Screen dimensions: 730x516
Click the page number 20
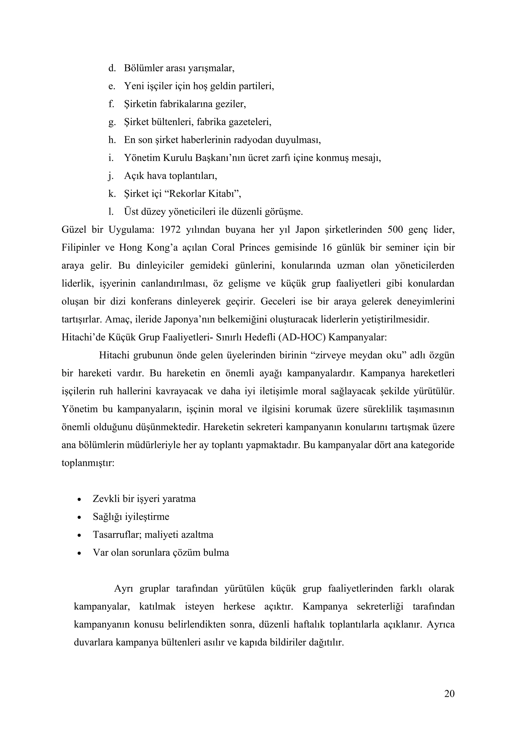(449, 694)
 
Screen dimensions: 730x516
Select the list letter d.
(111, 68)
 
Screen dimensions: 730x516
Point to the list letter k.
(111, 194)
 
